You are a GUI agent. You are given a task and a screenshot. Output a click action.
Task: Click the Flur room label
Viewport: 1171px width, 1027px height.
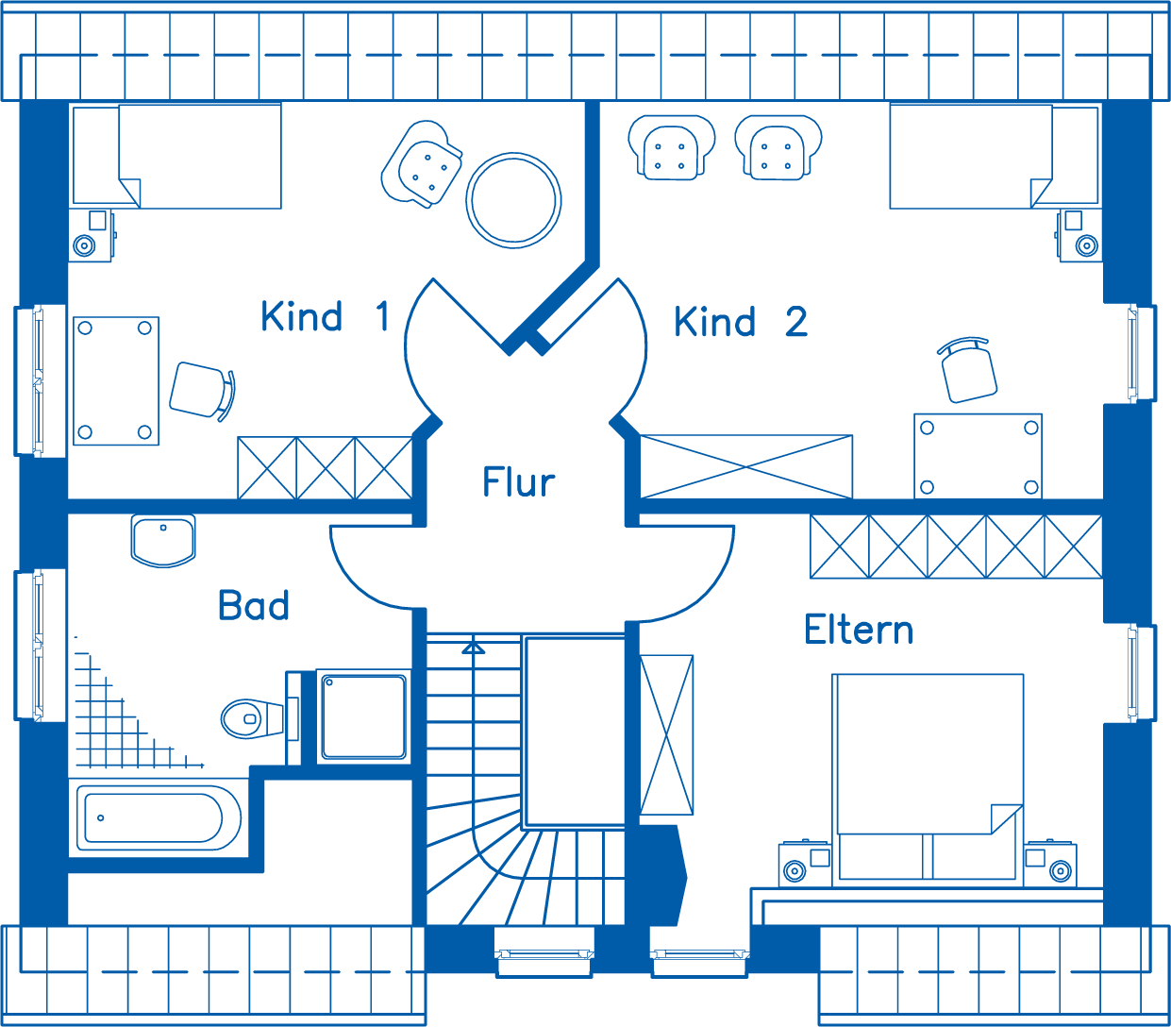(x=518, y=481)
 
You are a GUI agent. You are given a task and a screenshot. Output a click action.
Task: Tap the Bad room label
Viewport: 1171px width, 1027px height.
(x=254, y=605)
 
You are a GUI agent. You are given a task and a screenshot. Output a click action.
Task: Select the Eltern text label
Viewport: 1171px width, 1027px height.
(x=859, y=630)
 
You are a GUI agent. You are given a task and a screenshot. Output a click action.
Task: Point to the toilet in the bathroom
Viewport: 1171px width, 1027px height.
(x=253, y=718)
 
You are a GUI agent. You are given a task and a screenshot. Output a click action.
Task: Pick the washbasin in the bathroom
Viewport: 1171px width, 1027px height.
(x=163, y=541)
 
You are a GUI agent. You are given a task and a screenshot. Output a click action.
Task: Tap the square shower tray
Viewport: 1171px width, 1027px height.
(x=363, y=717)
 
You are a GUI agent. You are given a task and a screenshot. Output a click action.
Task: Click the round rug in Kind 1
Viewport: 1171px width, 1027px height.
(x=513, y=201)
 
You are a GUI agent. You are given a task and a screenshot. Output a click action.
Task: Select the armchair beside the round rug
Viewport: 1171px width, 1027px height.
(x=422, y=163)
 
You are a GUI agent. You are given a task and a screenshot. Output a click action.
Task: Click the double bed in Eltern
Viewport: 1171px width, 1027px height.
(x=928, y=779)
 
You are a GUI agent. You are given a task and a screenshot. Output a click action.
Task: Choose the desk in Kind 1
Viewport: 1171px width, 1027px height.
(x=116, y=380)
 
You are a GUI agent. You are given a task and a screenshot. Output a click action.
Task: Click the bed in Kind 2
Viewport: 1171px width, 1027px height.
(x=994, y=156)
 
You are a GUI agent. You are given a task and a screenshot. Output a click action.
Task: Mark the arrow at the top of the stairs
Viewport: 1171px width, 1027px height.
(x=474, y=648)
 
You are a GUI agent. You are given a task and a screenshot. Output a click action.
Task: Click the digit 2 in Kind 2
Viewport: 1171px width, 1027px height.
(x=795, y=321)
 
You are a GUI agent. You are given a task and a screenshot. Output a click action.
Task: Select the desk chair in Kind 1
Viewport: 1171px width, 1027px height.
(x=202, y=391)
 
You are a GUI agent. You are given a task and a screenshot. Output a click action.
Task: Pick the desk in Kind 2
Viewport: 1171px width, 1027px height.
(x=978, y=456)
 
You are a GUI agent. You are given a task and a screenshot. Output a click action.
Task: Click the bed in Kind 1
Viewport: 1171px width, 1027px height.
(x=176, y=156)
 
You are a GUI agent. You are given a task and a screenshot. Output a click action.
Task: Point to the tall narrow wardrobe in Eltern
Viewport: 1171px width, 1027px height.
(x=666, y=735)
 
